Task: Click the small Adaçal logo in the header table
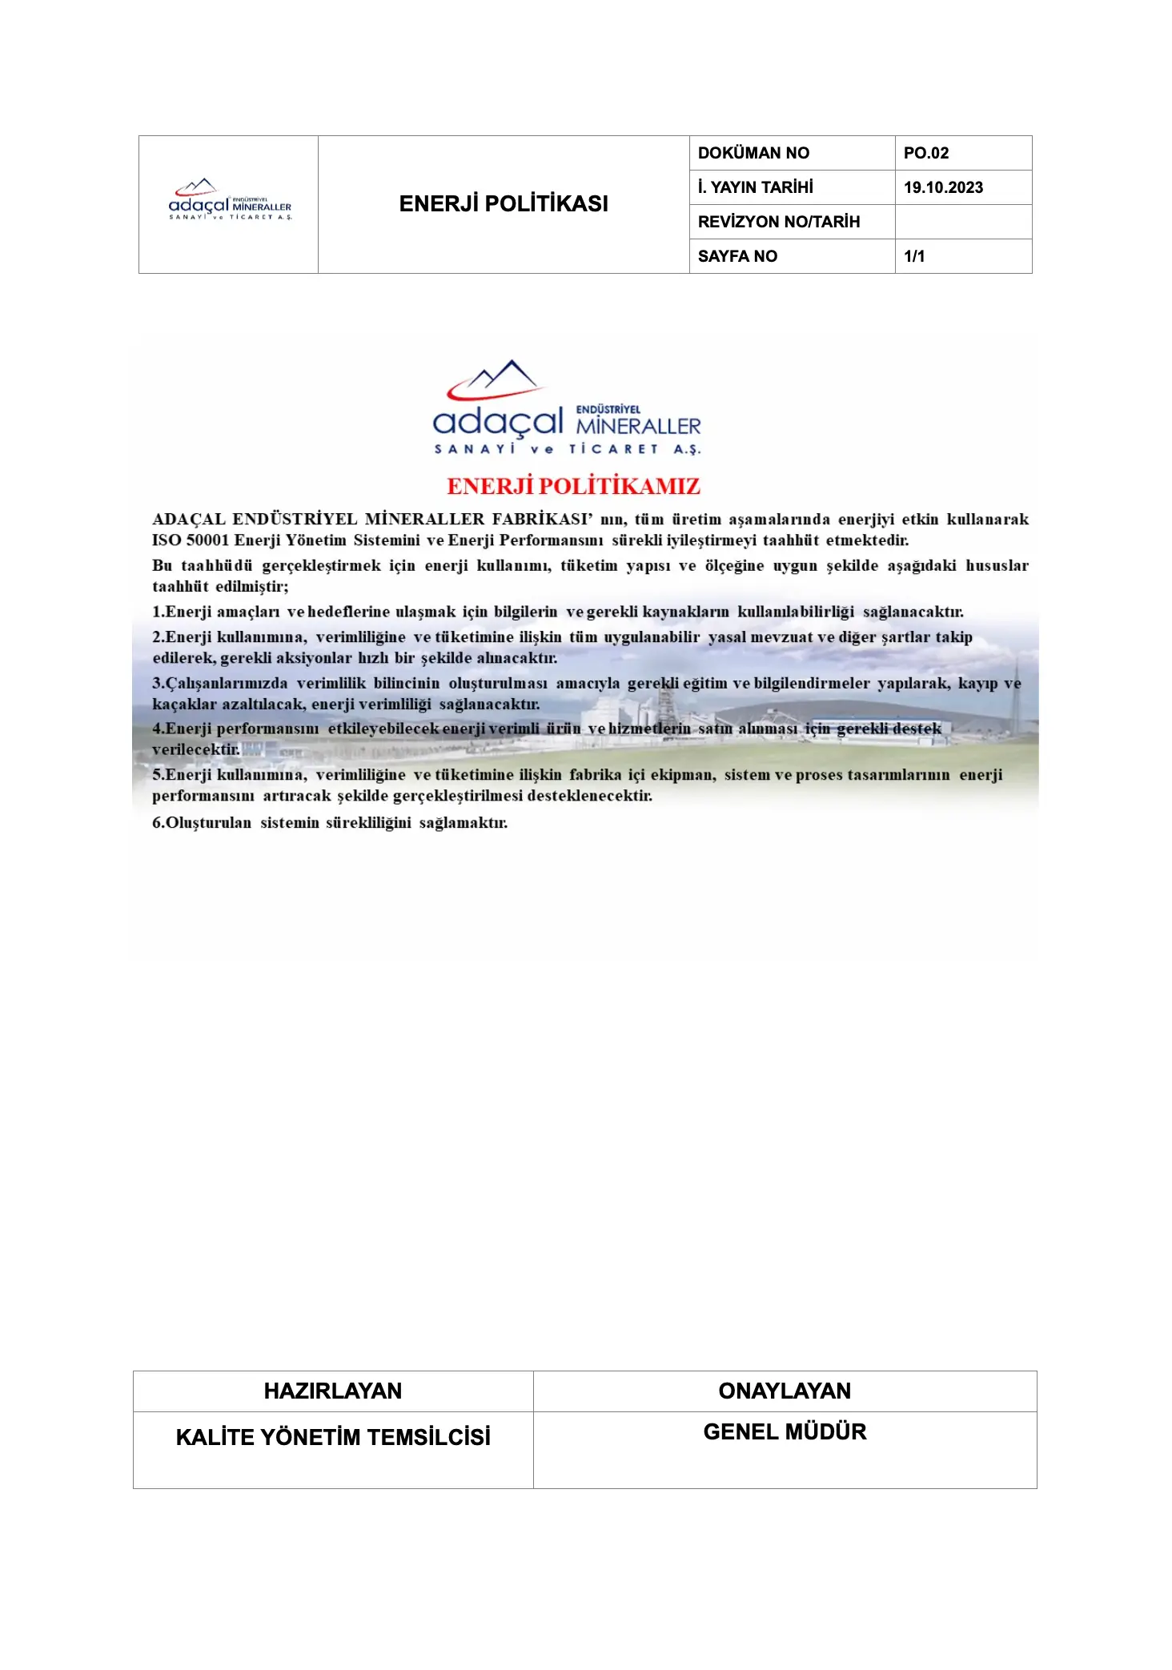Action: click(230, 201)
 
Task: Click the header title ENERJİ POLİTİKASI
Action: click(504, 204)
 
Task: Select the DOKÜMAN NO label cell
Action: click(753, 153)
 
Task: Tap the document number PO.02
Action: click(926, 153)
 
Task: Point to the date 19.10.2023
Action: click(943, 187)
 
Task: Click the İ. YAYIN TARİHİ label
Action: click(755, 187)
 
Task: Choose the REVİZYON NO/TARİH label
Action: click(778, 222)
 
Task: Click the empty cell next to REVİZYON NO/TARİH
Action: click(963, 222)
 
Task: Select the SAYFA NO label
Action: click(737, 256)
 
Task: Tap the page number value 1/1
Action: click(914, 256)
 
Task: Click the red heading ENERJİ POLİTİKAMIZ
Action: click(573, 486)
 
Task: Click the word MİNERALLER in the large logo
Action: click(638, 426)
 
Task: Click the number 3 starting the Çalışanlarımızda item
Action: click(157, 684)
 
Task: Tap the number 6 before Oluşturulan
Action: click(157, 823)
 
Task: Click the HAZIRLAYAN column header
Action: click(333, 1391)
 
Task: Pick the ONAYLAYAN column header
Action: click(785, 1391)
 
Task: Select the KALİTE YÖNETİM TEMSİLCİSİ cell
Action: click(333, 1437)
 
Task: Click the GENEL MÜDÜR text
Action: click(785, 1431)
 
